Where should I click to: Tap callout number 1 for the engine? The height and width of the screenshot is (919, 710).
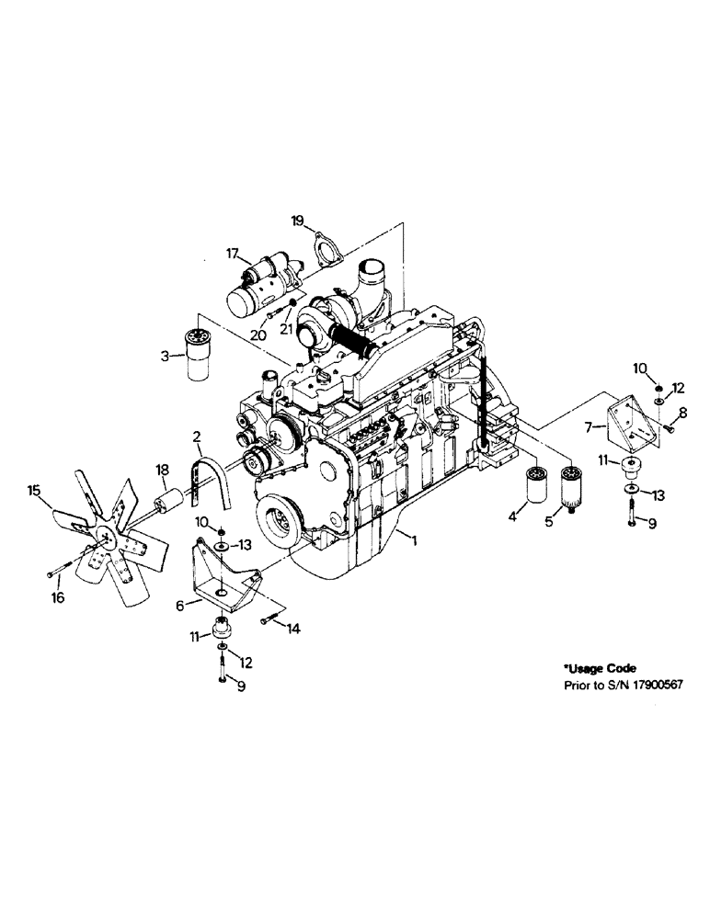(415, 543)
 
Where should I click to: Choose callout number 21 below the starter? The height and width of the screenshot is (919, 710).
(287, 328)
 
